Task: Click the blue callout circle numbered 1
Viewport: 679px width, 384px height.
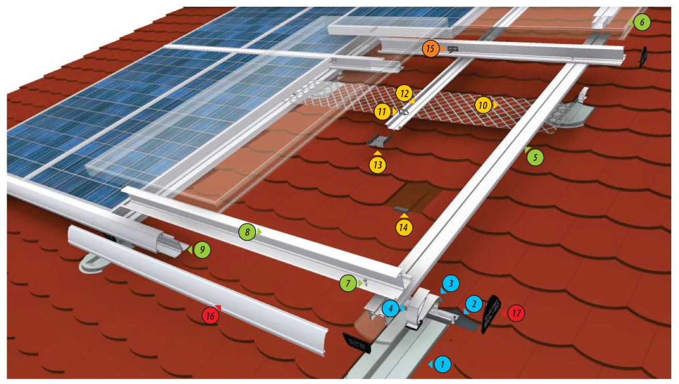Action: point(443,364)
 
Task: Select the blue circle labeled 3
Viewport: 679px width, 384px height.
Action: point(450,283)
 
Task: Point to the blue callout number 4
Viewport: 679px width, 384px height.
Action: point(390,309)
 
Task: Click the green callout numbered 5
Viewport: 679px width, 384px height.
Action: point(536,157)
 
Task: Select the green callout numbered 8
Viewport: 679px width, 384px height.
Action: point(247,233)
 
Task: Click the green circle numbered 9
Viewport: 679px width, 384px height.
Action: point(203,250)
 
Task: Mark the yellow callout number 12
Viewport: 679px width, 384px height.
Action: point(404,94)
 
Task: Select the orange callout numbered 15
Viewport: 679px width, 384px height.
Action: point(430,49)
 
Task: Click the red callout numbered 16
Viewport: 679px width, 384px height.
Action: point(209,316)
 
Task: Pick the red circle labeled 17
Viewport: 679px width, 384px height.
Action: point(516,313)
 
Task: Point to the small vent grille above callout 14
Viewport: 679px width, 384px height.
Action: point(402,209)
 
